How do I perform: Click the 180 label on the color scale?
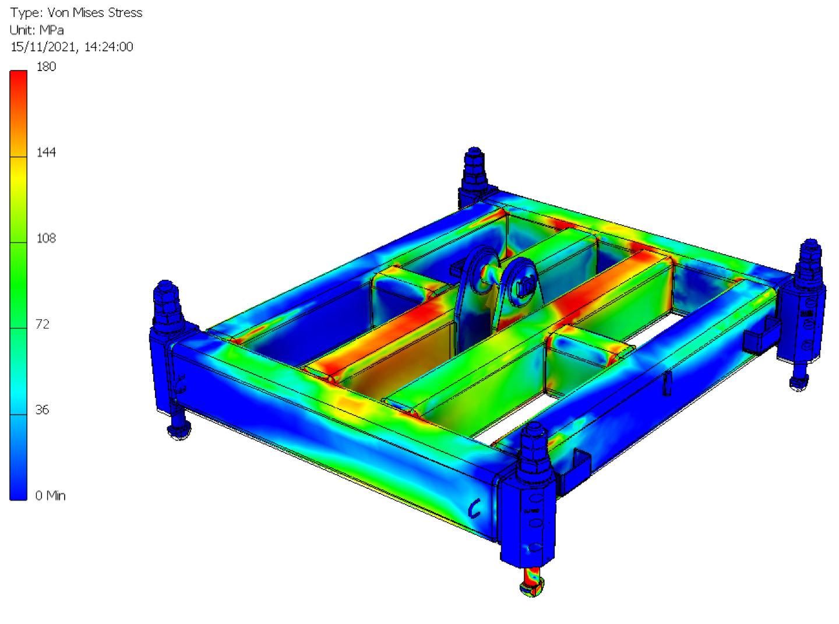point(46,66)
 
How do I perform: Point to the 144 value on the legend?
point(46,152)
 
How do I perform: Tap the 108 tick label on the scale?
point(46,238)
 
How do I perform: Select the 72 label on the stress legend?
point(43,324)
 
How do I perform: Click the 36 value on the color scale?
point(42,410)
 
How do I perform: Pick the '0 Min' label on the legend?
point(50,495)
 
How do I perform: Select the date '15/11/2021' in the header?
point(44,47)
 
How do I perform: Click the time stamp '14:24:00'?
point(108,47)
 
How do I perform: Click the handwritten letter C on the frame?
point(474,509)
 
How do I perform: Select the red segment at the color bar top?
point(19,82)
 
